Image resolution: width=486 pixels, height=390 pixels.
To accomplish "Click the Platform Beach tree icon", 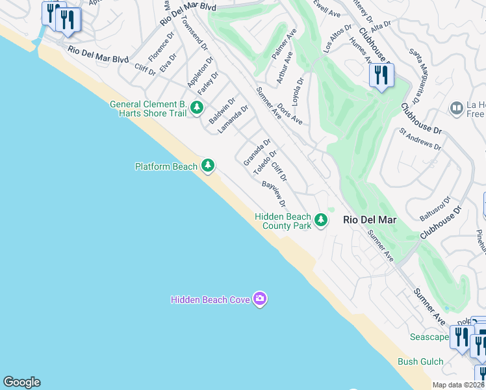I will [x=208, y=166].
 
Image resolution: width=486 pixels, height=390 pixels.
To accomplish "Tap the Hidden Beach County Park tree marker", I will [x=320, y=220].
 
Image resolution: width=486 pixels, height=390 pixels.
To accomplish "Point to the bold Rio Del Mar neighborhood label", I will [x=370, y=220].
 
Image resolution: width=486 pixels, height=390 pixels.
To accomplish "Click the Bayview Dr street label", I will [x=274, y=194].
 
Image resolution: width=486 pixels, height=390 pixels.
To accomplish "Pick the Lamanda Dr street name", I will [x=233, y=120].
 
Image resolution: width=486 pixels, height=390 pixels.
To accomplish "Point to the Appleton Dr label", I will [x=199, y=73].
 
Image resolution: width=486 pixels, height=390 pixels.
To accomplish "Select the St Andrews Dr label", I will [x=420, y=138].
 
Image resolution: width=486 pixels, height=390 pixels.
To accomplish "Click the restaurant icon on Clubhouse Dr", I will [x=381, y=75].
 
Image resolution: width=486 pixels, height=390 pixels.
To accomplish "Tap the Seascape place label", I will [x=429, y=337].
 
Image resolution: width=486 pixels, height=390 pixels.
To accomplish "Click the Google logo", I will [x=21, y=382].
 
